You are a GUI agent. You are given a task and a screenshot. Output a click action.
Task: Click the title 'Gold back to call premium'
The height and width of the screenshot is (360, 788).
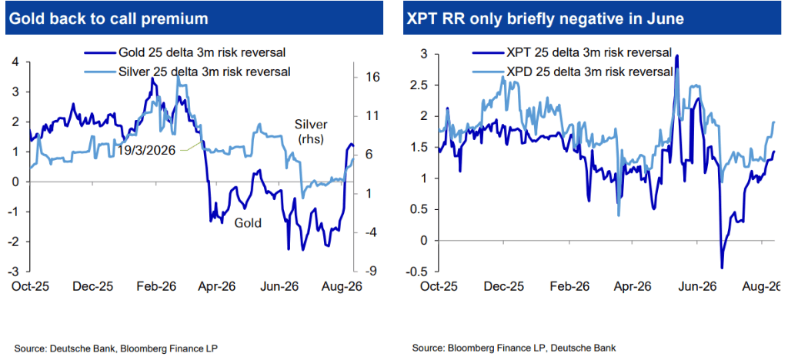click(109, 18)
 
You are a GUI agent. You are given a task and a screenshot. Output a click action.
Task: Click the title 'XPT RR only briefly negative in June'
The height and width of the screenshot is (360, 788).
click(547, 18)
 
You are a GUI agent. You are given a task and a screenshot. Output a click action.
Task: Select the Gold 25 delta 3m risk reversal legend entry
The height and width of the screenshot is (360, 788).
click(189, 52)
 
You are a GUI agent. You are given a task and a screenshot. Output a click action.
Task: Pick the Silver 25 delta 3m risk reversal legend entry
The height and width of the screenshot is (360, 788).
click(189, 72)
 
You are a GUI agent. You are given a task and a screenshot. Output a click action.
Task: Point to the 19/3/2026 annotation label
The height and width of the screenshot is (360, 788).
click(146, 151)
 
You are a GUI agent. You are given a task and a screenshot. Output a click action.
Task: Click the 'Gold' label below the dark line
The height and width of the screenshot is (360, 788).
click(249, 222)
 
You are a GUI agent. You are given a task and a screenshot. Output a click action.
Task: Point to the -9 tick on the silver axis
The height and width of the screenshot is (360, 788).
click(366, 272)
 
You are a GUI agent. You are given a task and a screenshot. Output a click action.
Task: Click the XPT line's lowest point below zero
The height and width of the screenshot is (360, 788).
click(722, 268)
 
